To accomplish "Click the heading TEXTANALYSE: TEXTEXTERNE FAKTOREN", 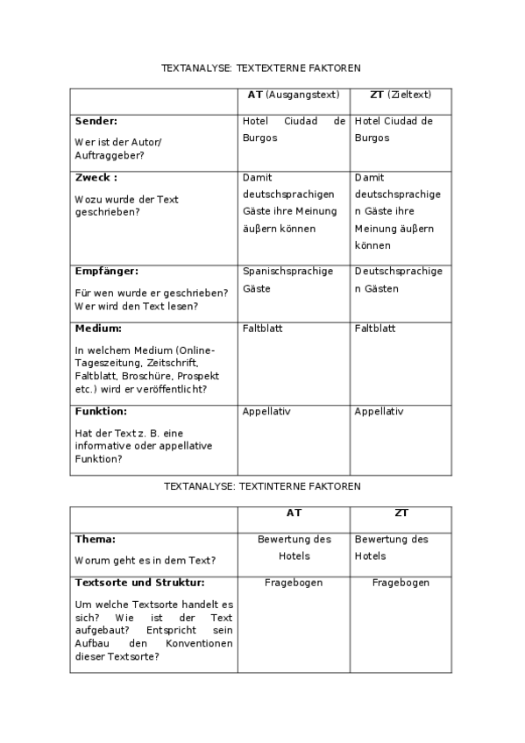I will (261, 67).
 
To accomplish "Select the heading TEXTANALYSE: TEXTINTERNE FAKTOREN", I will (261, 485).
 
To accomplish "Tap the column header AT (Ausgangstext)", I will (293, 95).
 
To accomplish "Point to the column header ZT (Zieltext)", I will (400, 95).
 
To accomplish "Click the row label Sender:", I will (96, 121).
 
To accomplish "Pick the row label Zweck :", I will (96, 177).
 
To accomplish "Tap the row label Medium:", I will (98, 329).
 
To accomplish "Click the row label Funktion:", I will (102, 411).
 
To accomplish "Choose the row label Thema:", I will (96, 540).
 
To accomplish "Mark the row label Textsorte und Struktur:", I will (140, 582).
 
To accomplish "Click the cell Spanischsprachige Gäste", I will (287, 280).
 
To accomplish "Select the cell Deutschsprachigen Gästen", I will (398, 280).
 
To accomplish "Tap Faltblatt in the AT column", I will (263, 329).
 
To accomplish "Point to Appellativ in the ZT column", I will (379, 411).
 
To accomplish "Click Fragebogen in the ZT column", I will (400, 582).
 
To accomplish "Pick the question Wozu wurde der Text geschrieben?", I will (126, 205).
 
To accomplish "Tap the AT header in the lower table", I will (294, 513).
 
